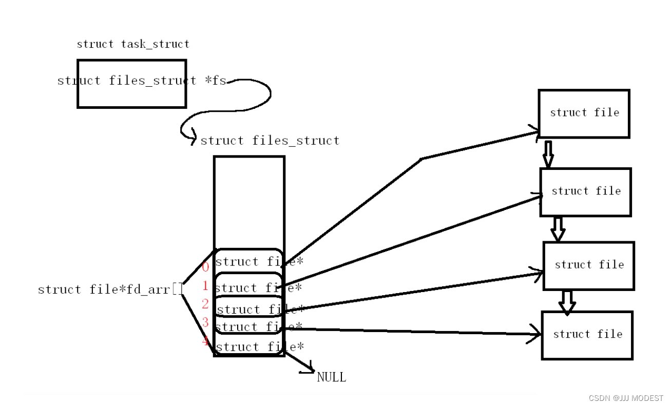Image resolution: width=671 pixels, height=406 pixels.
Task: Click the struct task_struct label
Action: point(133,44)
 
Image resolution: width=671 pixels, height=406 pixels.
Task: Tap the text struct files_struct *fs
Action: point(142,81)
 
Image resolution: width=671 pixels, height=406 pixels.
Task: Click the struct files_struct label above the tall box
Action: point(270,141)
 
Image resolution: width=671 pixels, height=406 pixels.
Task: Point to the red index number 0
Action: point(205,267)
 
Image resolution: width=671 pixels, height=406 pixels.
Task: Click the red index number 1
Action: point(205,286)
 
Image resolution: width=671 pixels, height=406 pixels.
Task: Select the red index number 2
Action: point(205,304)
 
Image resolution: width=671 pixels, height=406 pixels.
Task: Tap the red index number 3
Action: point(205,322)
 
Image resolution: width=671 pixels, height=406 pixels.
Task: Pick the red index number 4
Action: point(205,341)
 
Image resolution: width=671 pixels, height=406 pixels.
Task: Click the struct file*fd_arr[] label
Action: point(110,289)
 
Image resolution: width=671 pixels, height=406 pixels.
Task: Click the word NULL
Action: point(331,378)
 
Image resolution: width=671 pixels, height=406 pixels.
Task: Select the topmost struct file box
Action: point(584,113)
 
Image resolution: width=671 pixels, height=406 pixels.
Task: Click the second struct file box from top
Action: point(585,192)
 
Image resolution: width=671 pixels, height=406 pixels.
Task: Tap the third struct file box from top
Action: point(588,265)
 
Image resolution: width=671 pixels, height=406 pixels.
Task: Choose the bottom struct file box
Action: point(587,335)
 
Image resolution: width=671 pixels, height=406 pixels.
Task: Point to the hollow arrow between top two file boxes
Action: point(548,153)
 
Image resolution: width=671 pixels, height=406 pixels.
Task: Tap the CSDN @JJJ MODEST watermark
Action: point(626,398)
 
